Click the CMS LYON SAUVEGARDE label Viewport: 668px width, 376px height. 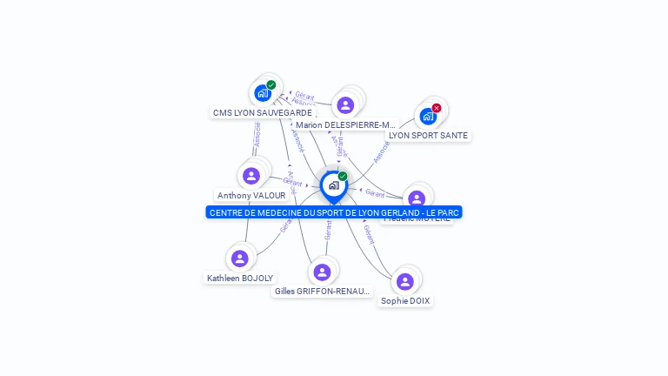(262, 112)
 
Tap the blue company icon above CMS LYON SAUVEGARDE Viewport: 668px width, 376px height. (263, 93)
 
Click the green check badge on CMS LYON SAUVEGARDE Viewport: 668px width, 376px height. (271, 84)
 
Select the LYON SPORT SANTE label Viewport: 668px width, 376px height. (428, 136)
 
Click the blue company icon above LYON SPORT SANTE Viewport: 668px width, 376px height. (427, 116)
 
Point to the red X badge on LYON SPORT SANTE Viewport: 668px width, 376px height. (437, 108)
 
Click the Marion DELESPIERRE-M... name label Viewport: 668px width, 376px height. (345, 125)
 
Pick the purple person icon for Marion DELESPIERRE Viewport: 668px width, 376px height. (345, 105)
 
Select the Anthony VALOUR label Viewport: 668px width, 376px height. (251, 196)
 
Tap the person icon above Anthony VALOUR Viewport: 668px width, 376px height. (251, 176)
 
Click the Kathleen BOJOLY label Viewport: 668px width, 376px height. (239, 279)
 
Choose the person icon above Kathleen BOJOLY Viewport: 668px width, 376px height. (240, 258)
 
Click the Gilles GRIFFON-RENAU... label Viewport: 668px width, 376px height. (322, 292)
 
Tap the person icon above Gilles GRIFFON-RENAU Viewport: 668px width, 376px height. (322, 272)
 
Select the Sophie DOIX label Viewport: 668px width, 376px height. (405, 301)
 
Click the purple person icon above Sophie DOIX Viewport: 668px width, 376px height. (405, 281)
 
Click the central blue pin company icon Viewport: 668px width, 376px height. (333, 185)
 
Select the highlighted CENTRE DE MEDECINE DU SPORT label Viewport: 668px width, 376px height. (334, 212)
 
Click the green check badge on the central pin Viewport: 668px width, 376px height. (343, 177)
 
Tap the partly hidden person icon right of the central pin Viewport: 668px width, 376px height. (417, 198)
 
